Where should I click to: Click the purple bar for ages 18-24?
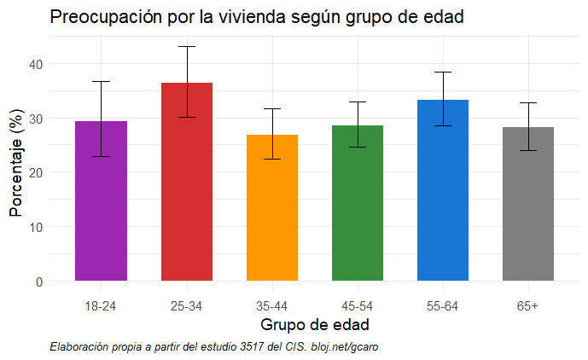101,205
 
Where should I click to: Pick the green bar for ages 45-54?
357,205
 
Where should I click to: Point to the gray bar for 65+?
527,205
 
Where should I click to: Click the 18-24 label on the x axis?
101,305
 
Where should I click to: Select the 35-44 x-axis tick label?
271,305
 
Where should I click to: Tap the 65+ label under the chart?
527,305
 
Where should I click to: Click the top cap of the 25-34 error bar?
186,46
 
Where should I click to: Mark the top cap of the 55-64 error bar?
442,73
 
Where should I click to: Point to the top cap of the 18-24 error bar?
101,81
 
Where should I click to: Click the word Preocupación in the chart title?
101,17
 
